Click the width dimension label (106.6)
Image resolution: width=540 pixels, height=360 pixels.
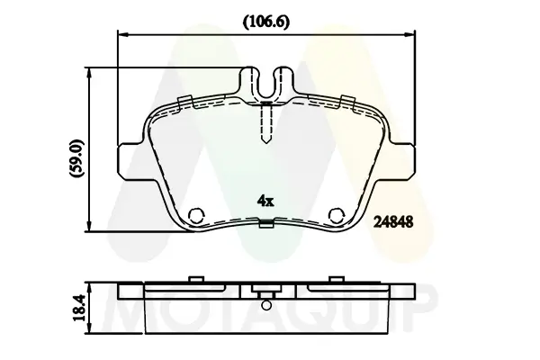pyautogui.click(x=266, y=22)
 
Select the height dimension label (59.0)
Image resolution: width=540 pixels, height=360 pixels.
pyautogui.click(x=76, y=158)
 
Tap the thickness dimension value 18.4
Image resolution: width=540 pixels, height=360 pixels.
pyautogui.click(x=80, y=308)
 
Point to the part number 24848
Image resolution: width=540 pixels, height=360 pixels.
pyautogui.click(x=393, y=222)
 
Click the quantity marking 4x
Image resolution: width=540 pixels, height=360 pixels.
pyautogui.click(x=265, y=201)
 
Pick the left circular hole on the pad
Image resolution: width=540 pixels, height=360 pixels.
pyautogui.click(x=196, y=215)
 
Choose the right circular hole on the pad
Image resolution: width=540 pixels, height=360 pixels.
pyautogui.click(x=337, y=215)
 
